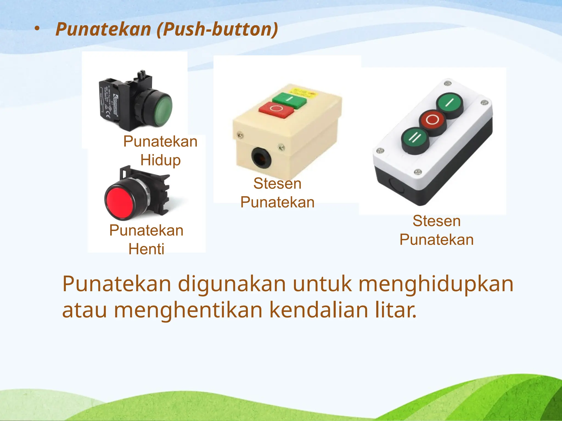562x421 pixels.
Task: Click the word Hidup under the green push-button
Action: pos(161,160)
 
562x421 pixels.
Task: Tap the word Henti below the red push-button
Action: pos(147,249)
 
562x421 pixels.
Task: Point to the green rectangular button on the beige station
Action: pos(289,100)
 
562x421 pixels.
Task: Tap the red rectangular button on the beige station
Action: pos(276,109)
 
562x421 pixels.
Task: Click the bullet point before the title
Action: pos(37,29)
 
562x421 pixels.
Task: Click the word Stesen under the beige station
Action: pos(277,183)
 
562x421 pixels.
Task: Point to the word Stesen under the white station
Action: pos(437,221)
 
